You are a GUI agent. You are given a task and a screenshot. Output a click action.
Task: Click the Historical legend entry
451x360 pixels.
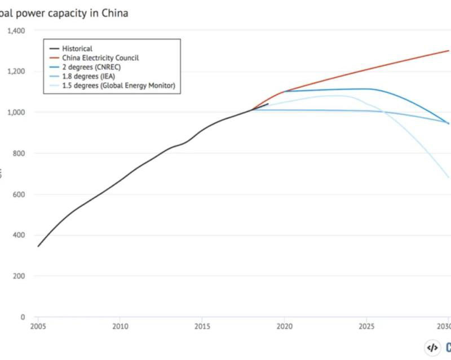tap(77, 49)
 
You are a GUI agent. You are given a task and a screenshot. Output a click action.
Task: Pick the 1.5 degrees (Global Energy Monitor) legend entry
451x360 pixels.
tap(118, 85)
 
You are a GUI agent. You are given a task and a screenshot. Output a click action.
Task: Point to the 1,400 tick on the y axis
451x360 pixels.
tap(15, 30)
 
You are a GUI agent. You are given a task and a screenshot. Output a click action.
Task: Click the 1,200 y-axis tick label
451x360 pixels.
tap(15, 72)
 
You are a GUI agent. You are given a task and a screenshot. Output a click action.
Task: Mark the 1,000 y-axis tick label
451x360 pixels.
tap(15, 113)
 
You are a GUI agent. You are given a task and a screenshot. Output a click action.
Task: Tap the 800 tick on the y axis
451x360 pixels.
tap(19, 153)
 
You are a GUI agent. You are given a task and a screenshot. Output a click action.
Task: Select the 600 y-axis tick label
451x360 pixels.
tap(19, 194)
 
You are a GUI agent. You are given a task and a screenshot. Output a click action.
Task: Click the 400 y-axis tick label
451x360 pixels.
tap(19, 235)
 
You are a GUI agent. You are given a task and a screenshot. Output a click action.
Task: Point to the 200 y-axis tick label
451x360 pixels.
tap(19, 277)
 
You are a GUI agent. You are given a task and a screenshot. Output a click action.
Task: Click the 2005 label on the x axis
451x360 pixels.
tap(38, 326)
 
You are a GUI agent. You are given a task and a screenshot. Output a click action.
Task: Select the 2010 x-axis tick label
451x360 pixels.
tap(120, 326)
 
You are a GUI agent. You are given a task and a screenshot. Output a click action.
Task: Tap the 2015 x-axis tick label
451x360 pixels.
tap(202, 326)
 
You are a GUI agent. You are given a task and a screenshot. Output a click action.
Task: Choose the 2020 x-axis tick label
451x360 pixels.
tap(284, 326)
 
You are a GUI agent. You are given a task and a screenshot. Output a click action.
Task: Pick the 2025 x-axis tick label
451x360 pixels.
tap(366, 326)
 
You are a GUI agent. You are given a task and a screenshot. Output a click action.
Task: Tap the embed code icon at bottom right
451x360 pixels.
tap(432, 348)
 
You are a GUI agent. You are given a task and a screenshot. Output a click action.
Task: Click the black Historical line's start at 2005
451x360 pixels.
tap(38, 246)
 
